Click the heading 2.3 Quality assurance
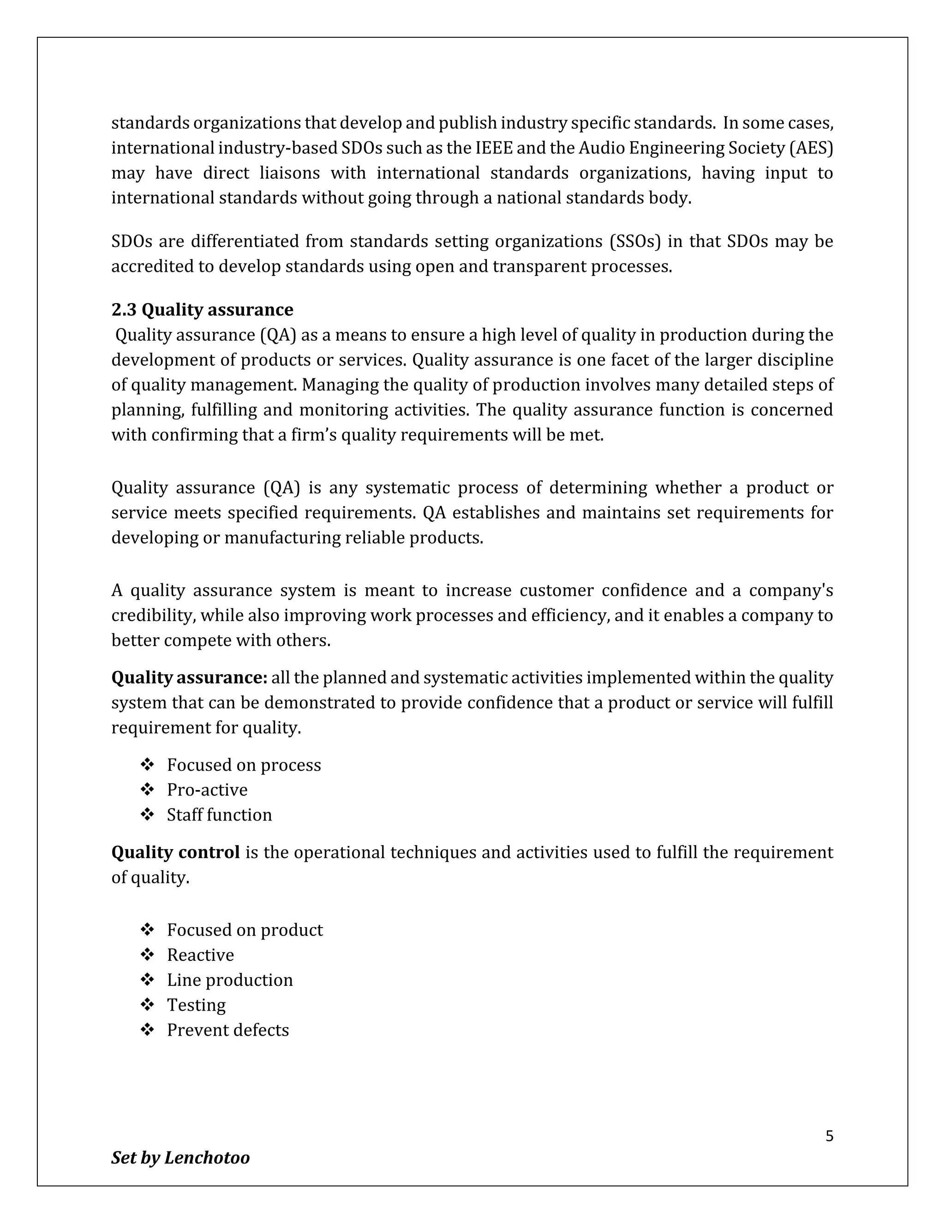pos(202,310)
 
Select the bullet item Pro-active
pos(207,790)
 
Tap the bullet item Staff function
pos(219,815)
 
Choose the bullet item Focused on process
pos(244,765)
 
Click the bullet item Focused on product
pos(245,930)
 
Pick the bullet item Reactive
pos(200,955)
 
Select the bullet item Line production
pos(229,980)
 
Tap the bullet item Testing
pos(196,1005)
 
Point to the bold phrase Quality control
pos(175,852)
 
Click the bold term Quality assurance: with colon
pos(189,677)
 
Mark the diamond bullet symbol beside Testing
pos(147,1005)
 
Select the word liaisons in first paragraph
pos(289,173)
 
